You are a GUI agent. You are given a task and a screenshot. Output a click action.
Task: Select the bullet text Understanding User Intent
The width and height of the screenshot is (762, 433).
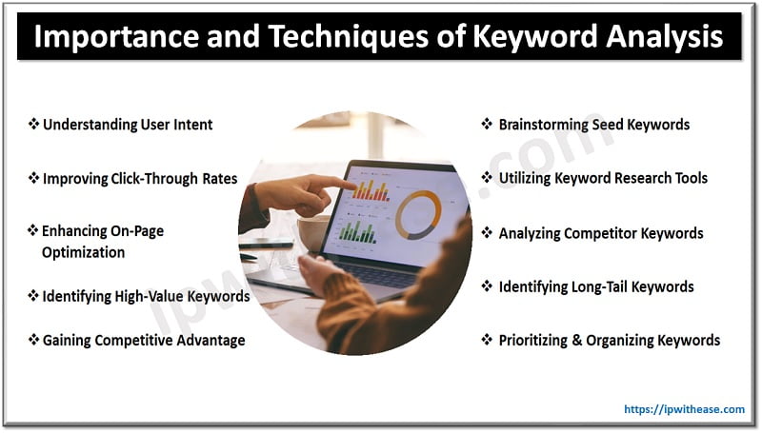click(128, 124)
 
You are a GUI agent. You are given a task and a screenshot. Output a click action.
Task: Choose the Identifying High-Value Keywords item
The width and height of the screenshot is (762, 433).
click(146, 296)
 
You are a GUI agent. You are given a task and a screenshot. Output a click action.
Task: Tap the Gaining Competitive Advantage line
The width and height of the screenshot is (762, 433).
click(143, 340)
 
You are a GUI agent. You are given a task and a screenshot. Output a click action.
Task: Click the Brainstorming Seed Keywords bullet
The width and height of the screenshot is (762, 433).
click(593, 124)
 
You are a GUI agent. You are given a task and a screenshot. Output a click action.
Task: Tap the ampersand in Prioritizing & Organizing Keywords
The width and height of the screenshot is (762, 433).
click(579, 340)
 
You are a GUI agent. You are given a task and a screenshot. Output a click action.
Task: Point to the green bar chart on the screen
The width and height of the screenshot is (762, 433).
click(357, 229)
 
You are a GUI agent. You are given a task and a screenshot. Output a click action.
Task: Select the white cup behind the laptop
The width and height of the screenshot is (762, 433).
click(311, 232)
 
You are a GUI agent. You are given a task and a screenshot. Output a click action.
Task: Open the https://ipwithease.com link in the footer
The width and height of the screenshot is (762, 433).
click(684, 409)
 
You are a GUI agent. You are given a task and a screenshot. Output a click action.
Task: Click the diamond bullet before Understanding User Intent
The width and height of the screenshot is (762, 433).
click(33, 124)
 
